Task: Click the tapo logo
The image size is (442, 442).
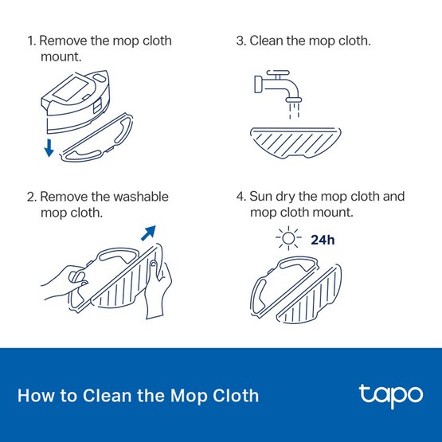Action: (386, 395)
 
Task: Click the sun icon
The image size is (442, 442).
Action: (284, 240)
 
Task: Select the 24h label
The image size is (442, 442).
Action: (323, 239)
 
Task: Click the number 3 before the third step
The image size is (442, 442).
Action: (240, 40)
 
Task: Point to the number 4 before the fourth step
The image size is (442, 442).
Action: (240, 197)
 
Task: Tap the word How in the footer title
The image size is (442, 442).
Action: (33, 395)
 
